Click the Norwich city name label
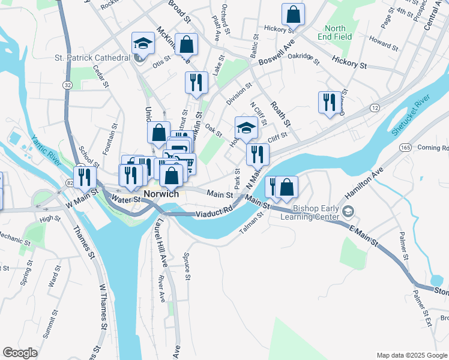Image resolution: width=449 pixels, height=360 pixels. [x=161, y=194]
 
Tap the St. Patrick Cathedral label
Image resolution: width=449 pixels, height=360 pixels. [x=92, y=58]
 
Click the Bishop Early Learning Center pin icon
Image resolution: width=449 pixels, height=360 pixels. [x=349, y=211]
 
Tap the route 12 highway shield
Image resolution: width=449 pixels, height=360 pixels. [x=375, y=107]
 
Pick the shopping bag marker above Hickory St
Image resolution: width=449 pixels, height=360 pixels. [x=293, y=14]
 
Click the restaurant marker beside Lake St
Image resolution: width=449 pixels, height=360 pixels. [x=196, y=83]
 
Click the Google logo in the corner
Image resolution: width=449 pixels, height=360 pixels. [x=20, y=353]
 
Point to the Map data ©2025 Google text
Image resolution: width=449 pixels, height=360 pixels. [x=411, y=355]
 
